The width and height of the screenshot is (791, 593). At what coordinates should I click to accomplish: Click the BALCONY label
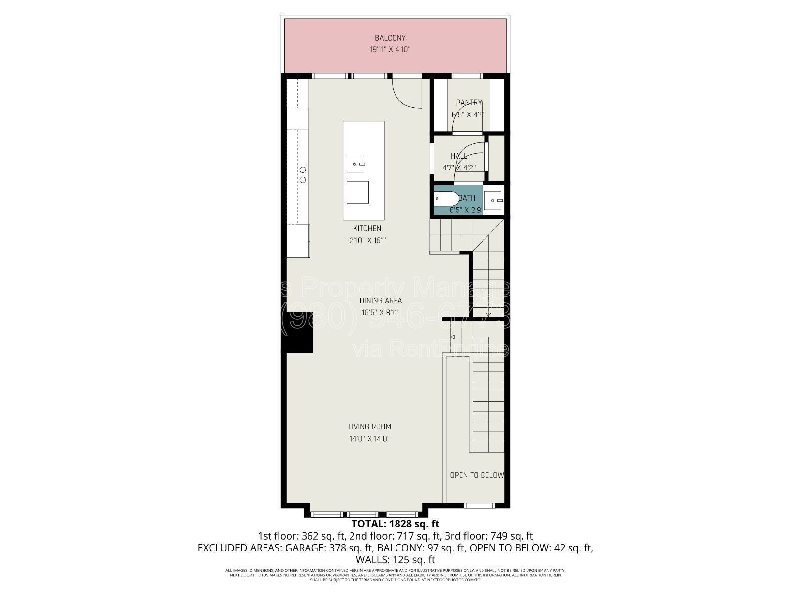390,38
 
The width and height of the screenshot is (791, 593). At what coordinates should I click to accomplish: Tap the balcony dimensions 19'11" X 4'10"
390,49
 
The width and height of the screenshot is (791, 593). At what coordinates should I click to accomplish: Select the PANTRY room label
469,103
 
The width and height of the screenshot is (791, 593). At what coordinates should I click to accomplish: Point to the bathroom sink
493,200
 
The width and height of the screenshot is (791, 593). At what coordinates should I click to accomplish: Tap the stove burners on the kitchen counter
302,175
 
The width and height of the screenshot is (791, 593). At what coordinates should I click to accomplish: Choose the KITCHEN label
367,228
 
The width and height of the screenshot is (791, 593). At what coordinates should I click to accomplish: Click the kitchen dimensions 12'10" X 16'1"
367,241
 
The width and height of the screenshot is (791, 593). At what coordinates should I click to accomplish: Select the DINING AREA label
381,300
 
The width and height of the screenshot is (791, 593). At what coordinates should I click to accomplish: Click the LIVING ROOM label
369,427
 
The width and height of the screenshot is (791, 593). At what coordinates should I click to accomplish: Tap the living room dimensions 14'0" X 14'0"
369,439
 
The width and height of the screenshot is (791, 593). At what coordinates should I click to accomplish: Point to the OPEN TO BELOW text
477,475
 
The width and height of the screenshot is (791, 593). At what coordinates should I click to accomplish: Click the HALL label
459,156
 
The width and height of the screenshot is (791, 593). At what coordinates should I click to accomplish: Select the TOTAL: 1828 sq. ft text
395,524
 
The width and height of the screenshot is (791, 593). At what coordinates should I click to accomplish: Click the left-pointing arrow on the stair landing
453,337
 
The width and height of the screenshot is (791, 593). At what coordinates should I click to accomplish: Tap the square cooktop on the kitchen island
357,192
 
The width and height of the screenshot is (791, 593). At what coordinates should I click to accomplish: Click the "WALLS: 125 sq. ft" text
395,560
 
